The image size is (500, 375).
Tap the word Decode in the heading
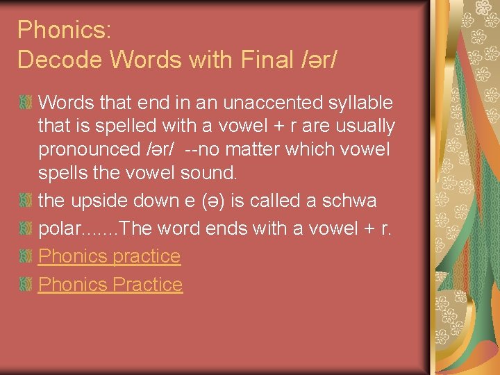(x=59, y=60)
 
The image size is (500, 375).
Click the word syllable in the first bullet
(x=357, y=103)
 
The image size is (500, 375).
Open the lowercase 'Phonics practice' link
(x=109, y=256)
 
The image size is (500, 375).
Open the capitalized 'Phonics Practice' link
(x=110, y=284)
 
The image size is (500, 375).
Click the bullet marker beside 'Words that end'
(x=26, y=103)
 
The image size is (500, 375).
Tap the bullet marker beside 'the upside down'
(x=26, y=201)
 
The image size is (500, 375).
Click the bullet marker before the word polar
(x=26, y=229)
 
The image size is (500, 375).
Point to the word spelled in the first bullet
(x=140, y=126)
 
